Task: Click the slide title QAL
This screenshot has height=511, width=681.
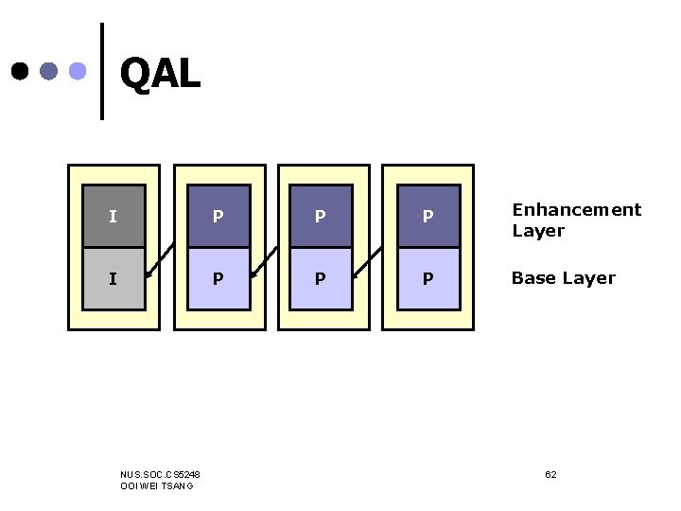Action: pos(160,74)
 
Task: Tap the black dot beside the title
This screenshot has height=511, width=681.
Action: pos(20,71)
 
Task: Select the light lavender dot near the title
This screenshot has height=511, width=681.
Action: pos(79,71)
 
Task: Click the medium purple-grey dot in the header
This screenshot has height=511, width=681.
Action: pos(49,71)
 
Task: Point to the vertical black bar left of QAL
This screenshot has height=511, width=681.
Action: pos(101,71)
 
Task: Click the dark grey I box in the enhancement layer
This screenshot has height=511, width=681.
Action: pos(113,216)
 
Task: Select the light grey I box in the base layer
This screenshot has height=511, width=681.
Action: pos(113,278)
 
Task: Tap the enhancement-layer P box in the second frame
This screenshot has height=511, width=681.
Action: pos(218,216)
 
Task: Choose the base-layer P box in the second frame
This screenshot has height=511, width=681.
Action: pos(218,278)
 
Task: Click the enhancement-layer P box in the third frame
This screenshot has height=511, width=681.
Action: pos(321,216)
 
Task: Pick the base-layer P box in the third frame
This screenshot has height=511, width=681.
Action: pos(321,278)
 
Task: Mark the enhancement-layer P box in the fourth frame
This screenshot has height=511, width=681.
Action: pos(428,216)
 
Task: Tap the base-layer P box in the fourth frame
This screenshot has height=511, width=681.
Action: pos(428,278)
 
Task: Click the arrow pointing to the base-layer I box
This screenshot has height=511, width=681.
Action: pos(161,262)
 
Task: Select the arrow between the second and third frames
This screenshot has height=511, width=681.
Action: pos(265,262)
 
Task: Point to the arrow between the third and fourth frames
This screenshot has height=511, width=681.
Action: pos(369,262)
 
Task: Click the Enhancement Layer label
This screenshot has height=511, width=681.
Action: pos(576,220)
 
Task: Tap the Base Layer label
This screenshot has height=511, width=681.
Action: pos(563,278)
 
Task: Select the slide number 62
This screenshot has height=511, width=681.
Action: pos(550,473)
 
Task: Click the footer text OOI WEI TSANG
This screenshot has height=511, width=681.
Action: pos(157,485)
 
